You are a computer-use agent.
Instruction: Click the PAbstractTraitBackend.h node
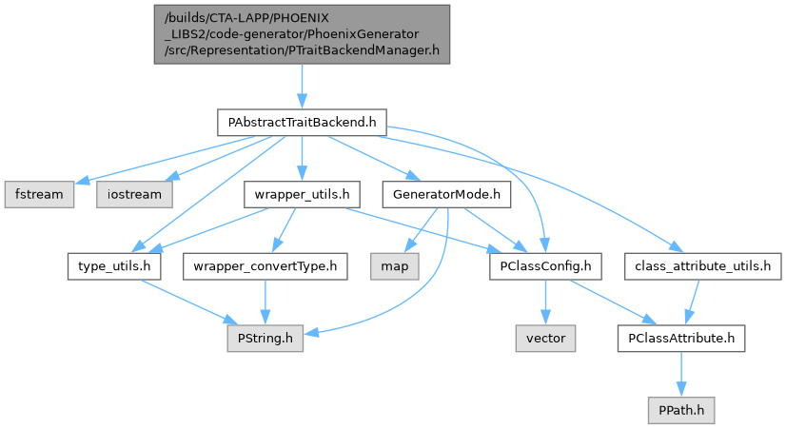tap(302, 123)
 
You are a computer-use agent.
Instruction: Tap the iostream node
tap(134, 194)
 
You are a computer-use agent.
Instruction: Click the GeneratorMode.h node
tap(445, 194)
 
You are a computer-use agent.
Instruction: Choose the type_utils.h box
tap(113, 266)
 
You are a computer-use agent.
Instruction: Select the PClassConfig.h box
tap(544, 266)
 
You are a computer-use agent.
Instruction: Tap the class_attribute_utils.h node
tap(700, 266)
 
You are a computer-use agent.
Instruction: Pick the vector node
tap(545, 338)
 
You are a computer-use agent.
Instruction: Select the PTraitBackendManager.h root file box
tap(302, 33)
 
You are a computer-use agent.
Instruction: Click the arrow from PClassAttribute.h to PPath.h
tap(681, 374)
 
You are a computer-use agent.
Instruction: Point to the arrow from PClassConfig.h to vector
tap(544, 302)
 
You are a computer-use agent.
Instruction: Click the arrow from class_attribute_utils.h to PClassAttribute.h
tap(693, 302)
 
